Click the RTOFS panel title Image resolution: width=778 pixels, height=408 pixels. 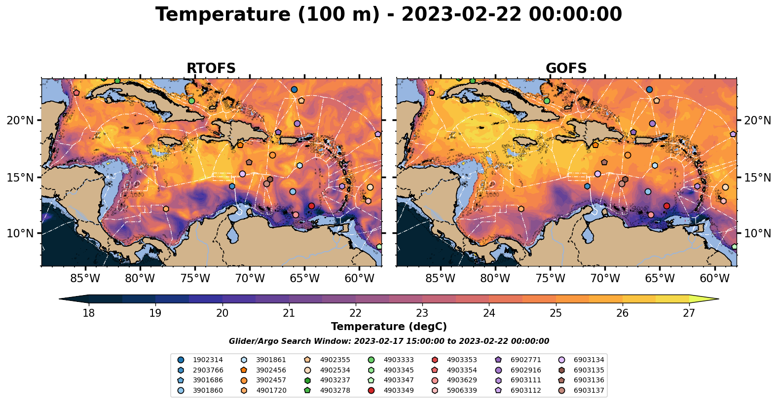click(211, 69)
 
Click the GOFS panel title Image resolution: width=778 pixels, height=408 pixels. click(566, 69)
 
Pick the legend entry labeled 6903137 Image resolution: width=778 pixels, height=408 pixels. click(589, 390)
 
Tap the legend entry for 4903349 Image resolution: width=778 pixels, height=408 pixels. click(398, 390)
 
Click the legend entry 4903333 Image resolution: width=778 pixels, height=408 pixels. click(398, 360)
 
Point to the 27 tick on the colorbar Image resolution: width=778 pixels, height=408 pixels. click(689, 313)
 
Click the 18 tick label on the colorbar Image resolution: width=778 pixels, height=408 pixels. click(88, 313)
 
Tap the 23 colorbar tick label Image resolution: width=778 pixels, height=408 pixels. click(422, 313)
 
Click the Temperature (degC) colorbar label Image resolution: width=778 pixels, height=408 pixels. click(389, 327)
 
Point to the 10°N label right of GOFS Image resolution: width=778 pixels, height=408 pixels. click(758, 233)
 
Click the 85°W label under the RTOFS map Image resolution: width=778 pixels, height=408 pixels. click(85, 279)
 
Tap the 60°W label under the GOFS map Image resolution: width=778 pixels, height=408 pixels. click(714, 279)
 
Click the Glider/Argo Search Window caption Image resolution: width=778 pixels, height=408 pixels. click(389, 341)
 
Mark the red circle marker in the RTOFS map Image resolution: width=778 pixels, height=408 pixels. click(311, 206)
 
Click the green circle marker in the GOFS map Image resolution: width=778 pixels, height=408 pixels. click(547, 101)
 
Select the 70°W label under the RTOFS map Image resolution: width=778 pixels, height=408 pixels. click(250, 279)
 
